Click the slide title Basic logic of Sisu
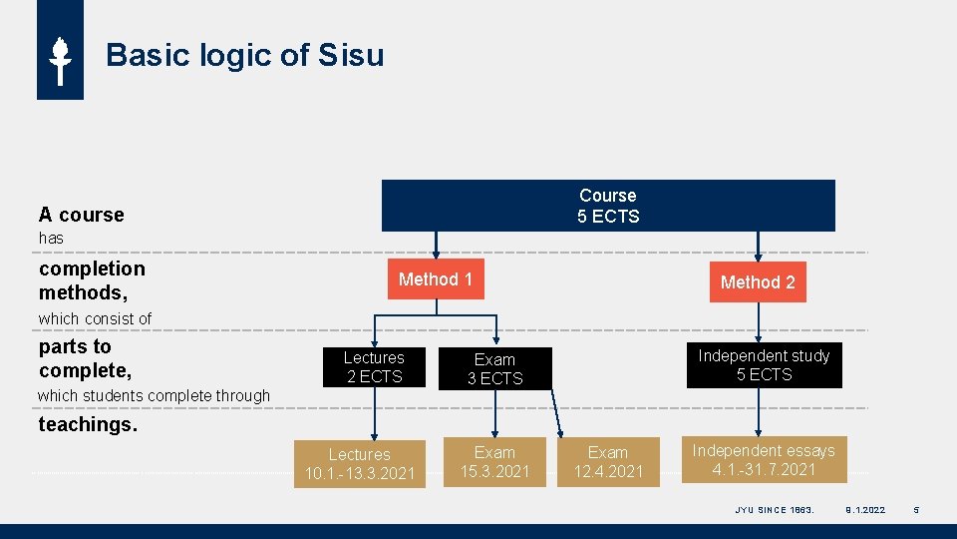pyautogui.click(x=244, y=55)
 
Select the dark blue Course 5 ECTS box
pyautogui.click(x=608, y=206)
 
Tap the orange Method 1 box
pyautogui.click(x=435, y=279)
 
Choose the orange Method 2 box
pyautogui.click(x=758, y=282)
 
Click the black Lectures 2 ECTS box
pyautogui.click(x=374, y=367)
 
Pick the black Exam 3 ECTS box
pyautogui.click(x=494, y=368)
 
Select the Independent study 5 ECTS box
pyautogui.click(x=764, y=365)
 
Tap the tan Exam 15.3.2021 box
pyautogui.click(x=494, y=462)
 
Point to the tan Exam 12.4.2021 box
pyautogui.click(x=608, y=462)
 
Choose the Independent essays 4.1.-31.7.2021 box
pyautogui.click(x=764, y=460)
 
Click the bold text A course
pyautogui.click(x=82, y=215)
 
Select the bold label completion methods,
pyautogui.click(x=92, y=280)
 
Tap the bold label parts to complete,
pyautogui.click(x=85, y=358)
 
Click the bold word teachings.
pyautogui.click(x=88, y=424)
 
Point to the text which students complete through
pyautogui.click(x=154, y=395)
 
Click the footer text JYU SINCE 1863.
pyautogui.click(x=775, y=510)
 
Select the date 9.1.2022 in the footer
pyautogui.click(x=864, y=510)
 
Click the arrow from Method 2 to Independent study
pyautogui.click(x=759, y=321)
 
